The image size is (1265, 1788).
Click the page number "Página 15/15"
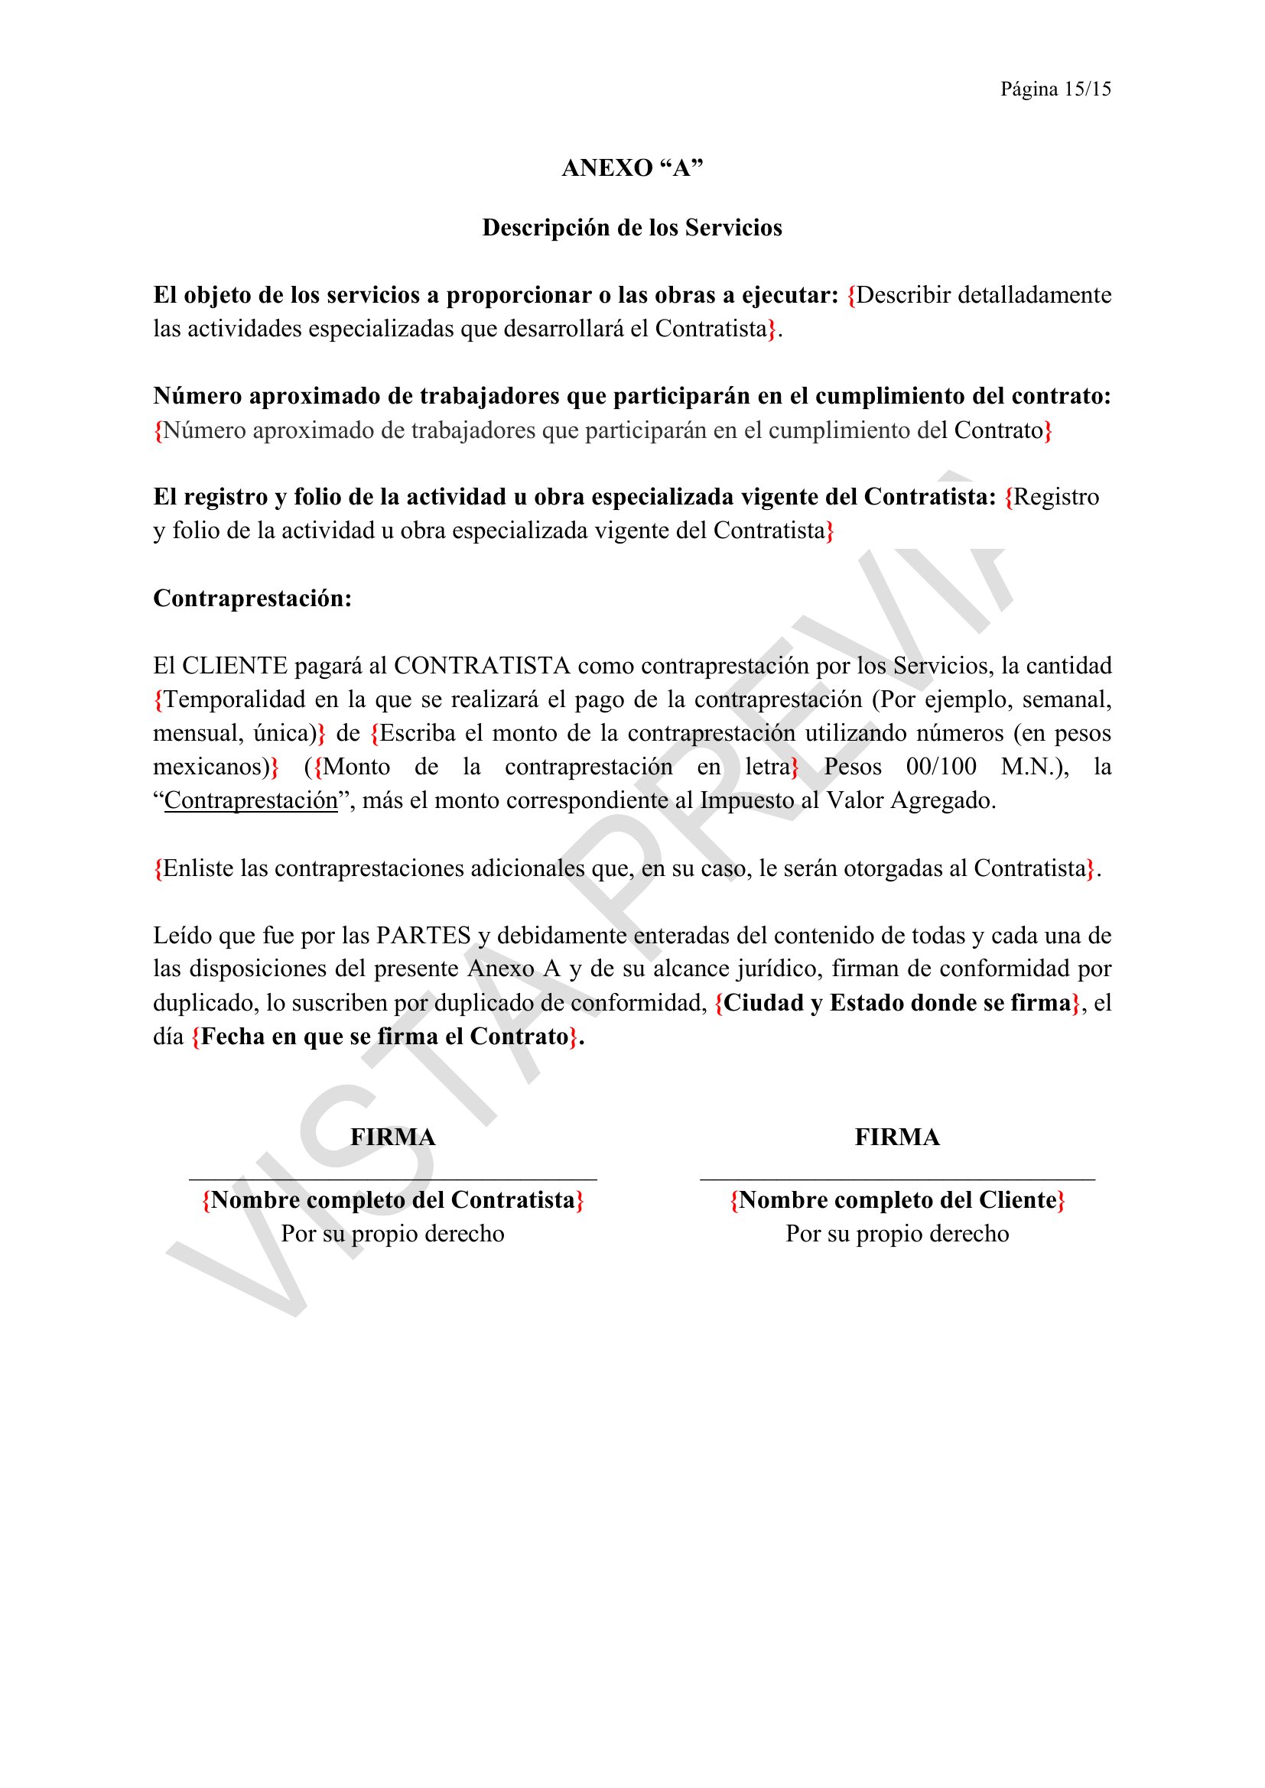click(x=1055, y=89)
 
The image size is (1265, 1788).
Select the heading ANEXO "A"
click(x=632, y=168)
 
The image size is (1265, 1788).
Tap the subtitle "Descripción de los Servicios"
click(x=632, y=227)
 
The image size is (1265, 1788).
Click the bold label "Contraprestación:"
click(x=252, y=598)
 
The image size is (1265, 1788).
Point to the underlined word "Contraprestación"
click(x=251, y=800)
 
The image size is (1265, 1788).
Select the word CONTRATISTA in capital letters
click(x=482, y=666)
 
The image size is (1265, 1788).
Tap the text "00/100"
click(x=941, y=767)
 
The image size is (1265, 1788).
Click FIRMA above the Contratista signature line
click(x=392, y=1137)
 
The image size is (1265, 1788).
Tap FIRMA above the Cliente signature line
click(x=897, y=1137)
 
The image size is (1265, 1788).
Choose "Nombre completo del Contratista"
click(x=392, y=1200)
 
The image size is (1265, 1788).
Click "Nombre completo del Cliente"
click(x=897, y=1200)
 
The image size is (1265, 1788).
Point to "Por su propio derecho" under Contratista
click(x=392, y=1234)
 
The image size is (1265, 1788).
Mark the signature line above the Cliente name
click(x=897, y=1180)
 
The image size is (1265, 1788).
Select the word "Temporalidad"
click(x=235, y=699)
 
